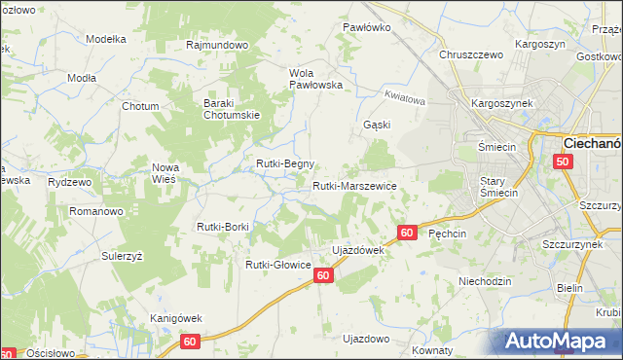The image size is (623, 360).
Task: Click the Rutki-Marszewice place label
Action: pos(353,185)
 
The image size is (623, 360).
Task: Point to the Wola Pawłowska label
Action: pos(317,78)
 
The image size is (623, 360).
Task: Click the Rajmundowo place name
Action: pos(218,45)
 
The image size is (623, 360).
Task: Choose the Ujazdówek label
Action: pos(359,250)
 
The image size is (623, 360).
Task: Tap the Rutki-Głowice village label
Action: pos(277,264)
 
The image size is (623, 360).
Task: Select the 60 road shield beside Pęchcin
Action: pos(408,234)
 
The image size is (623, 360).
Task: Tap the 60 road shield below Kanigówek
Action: pos(190,342)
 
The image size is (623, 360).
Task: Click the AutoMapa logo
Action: pos(563,341)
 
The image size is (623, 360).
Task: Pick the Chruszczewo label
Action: pos(471,55)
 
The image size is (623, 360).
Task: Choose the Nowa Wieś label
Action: pos(165,173)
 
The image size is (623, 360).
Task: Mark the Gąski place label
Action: pos(377,125)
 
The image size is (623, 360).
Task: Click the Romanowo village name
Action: pos(94,210)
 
